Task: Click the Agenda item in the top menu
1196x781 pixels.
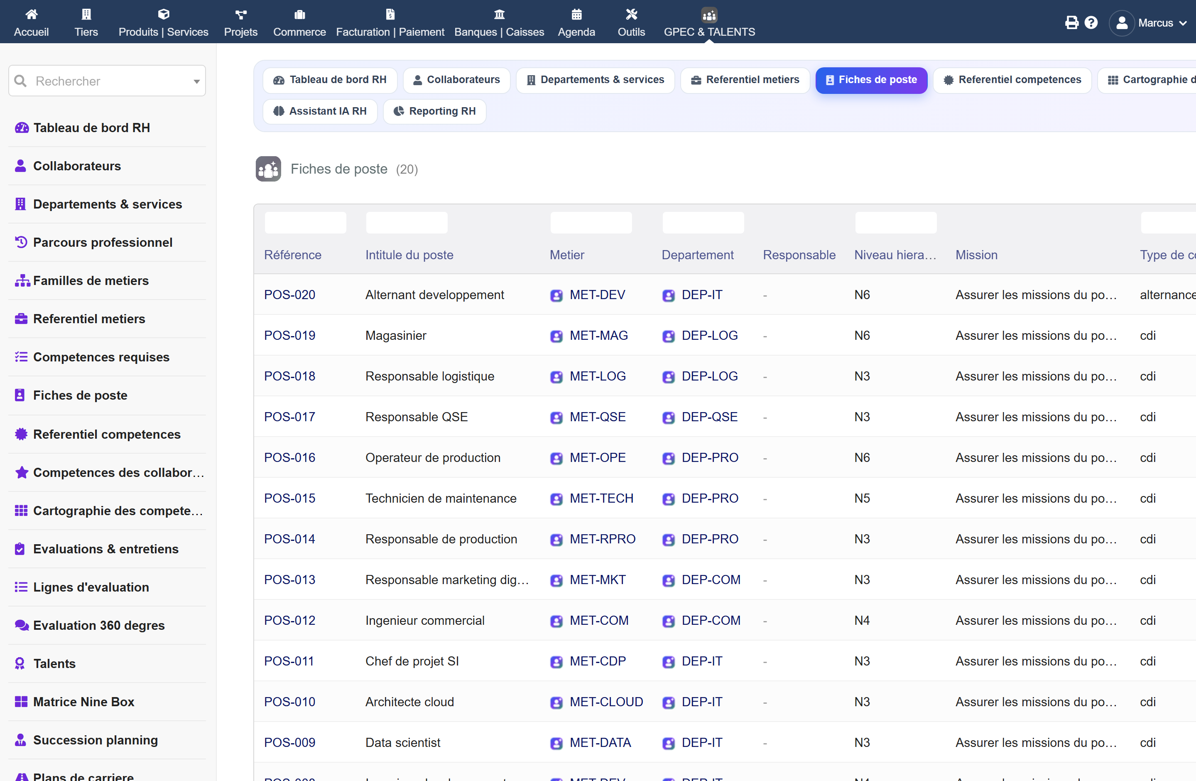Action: point(576,22)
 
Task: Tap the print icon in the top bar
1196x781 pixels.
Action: point(1071,22)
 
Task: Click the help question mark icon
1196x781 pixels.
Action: point(1091,22)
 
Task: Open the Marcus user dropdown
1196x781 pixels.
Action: point(1148,22)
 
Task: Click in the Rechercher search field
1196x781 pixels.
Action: point(107,81)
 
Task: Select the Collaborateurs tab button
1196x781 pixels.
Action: point(456,80)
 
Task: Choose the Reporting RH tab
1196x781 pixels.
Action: point(435,111)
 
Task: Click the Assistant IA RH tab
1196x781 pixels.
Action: point(320,111)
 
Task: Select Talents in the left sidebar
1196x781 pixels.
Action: point(54,663)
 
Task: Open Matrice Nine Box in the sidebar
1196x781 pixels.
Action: point(83,702)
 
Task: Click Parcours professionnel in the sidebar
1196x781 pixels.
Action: point(103,242)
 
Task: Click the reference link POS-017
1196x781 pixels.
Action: point(289,417)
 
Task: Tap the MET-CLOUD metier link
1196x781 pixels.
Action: point(606,702)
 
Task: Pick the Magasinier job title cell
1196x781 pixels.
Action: point(395,335)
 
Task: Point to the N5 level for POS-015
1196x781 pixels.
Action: point(862,498)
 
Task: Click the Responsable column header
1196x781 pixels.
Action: point(799,255)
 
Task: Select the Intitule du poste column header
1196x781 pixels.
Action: point(409,255)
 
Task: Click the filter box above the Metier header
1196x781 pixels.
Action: point(591,223)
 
